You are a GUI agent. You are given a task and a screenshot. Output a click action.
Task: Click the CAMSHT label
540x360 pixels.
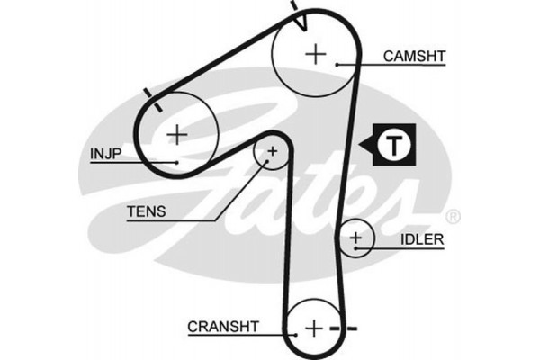tap(414, 56)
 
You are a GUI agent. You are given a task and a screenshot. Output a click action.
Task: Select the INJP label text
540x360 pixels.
tap(106, 153)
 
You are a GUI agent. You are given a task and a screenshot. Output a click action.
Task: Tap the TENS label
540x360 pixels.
tap(146, 212)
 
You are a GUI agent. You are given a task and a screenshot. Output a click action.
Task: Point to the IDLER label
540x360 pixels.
tap(421, 239)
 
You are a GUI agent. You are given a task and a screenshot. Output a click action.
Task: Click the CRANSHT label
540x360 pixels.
tap(223, 326)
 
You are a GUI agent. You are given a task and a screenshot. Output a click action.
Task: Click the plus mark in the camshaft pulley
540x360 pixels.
tap(316, 53)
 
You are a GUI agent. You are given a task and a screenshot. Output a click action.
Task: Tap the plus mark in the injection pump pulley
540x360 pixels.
tap(178, 135)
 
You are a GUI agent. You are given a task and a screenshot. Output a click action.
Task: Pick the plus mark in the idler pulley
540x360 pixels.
tap(357, 238)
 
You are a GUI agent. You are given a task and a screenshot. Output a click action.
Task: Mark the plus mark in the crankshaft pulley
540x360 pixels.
tap(314, 327)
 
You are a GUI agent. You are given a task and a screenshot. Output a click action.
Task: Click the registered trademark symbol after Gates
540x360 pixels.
tap(454, 216)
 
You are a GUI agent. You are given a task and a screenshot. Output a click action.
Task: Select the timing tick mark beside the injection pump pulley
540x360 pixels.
tap(150, 97)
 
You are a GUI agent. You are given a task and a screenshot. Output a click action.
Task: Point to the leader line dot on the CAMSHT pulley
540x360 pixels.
tap(336, 64)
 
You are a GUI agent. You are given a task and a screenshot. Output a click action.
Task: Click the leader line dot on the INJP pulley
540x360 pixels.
tap(179, 161)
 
